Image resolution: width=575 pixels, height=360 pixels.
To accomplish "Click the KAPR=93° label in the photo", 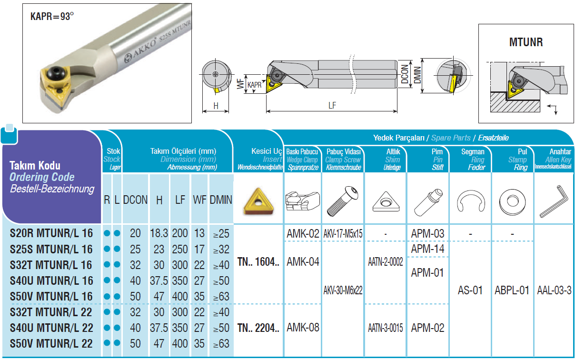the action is coord(52,17).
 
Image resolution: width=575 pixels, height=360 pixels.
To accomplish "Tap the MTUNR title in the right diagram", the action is coord(526,42).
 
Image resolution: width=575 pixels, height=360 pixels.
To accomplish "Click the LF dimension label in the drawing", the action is coord(332,105).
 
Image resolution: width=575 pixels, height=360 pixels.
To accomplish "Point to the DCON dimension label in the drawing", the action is coord(405,74).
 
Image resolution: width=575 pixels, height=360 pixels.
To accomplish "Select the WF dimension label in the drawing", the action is coord(240,84).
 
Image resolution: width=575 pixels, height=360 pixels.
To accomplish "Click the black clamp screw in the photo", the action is coord(56,73).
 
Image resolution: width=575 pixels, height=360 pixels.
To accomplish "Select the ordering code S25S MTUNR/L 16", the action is coord(51,250).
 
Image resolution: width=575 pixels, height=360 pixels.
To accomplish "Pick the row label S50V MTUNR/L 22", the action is coord(51,343).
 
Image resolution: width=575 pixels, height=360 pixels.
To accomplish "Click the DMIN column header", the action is coord(221,200).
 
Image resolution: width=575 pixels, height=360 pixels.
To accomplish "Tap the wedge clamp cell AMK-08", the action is coord(303,328).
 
